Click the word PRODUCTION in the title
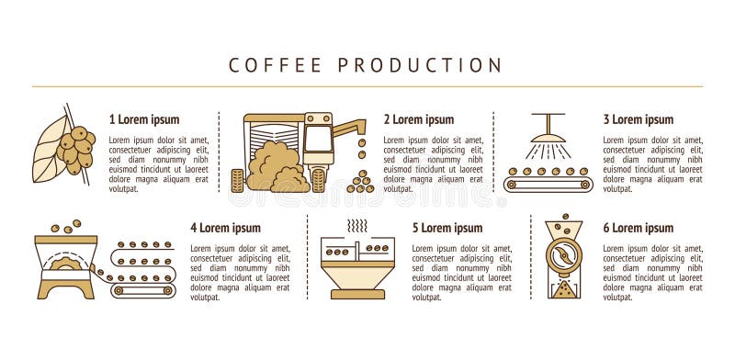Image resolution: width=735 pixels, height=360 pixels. pos(420,65)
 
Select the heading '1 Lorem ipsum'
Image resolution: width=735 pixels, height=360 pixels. pos(144,119)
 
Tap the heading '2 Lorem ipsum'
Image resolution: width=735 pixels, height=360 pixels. pos(418,119)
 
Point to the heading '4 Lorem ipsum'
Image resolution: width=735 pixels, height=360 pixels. pos(225,228)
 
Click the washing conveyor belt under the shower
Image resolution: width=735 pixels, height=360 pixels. pos(548,183)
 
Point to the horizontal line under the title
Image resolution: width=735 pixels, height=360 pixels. pos(367,86)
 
